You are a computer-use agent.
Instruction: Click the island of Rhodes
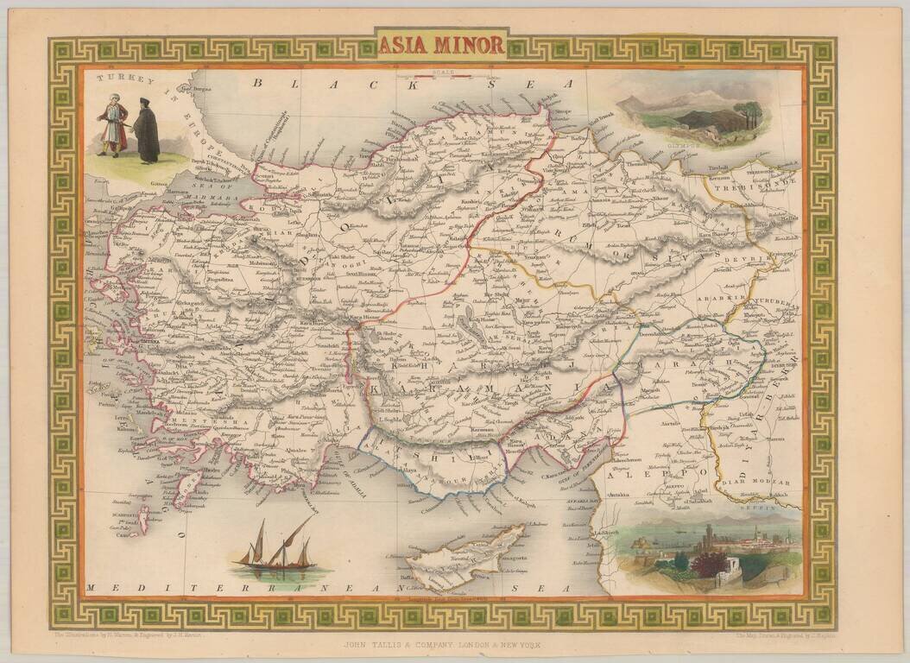186,489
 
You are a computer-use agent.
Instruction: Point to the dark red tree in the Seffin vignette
711,565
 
